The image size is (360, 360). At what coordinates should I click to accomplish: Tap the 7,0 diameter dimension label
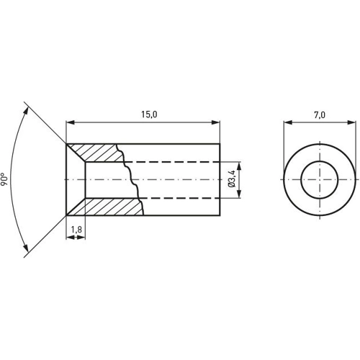(x=319, y=114)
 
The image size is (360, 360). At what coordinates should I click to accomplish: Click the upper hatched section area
(x=101, y=153)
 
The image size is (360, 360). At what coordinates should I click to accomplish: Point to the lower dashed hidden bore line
(x=180, y=197)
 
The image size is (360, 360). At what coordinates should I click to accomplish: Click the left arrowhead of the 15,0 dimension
(x=69, y=122)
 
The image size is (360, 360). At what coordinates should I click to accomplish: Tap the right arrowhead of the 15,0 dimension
(x=216, y=122)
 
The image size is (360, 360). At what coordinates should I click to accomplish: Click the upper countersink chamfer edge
(x=76, y=153)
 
